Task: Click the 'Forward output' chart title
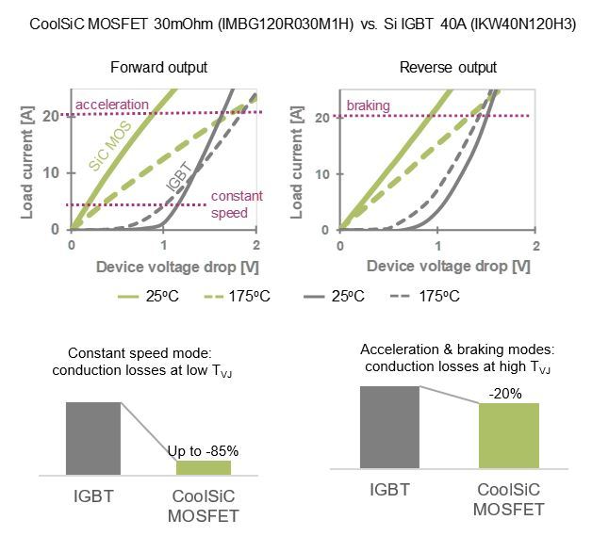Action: [158, 68]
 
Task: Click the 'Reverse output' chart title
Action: [435, 68]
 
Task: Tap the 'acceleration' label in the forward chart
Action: [112, 104]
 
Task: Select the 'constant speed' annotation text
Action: [229, 204]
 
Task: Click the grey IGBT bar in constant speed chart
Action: [93, 438]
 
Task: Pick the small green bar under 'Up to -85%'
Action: [203, 467]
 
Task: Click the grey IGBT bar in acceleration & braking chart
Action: [388, 424]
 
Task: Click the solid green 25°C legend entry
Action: [152, 296]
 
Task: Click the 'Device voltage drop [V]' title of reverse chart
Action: [436, 267]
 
